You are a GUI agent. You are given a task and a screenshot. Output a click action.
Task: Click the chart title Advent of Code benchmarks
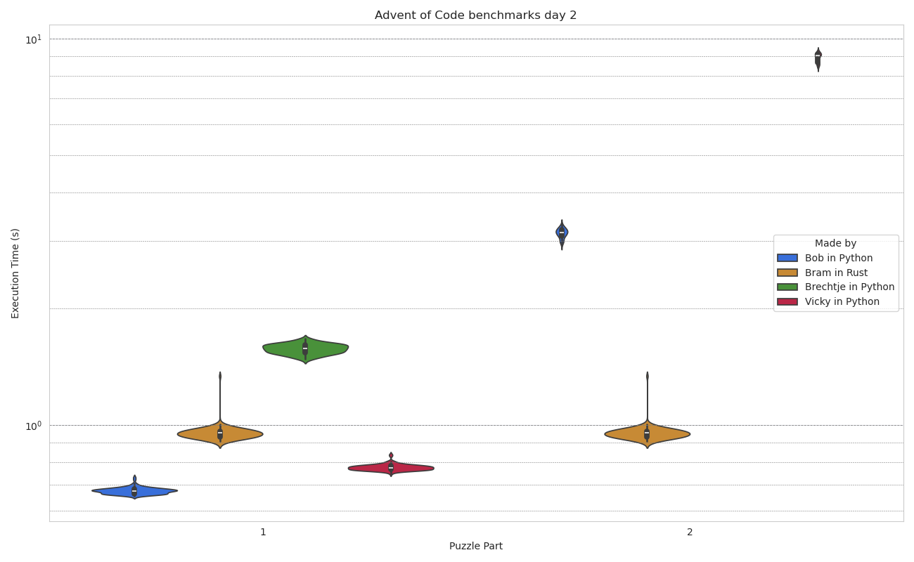click(475, 15)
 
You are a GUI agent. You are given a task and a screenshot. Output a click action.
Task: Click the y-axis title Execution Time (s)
click(15, 273)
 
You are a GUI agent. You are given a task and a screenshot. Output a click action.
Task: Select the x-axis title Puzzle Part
click(476, 546)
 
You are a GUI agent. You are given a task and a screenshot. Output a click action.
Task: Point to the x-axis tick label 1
click(263, 532)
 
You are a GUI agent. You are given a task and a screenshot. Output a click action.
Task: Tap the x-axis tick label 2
click(690, 532)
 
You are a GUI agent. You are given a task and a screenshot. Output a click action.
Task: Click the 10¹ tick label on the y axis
click(33, 40)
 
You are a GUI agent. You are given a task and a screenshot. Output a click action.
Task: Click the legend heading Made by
click(835, 243)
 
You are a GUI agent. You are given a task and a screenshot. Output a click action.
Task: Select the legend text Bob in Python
click(838, 258)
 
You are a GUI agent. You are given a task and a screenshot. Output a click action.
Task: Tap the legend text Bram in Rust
click(836, 273)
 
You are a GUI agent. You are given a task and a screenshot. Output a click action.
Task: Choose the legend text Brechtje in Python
click(849, 287)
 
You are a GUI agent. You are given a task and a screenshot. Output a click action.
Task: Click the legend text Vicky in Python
click(842, 301)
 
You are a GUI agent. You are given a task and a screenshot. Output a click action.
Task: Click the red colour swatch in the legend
click(787, 301)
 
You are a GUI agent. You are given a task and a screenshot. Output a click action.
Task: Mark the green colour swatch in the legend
click(787, 287)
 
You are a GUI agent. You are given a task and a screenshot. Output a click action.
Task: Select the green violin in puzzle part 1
click(305, 349)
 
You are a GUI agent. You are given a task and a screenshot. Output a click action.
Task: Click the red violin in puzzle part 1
click(391, 468)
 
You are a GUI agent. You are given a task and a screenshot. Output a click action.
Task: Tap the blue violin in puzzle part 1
click(134, 491)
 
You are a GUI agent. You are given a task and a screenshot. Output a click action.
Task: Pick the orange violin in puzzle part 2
click(647, 434)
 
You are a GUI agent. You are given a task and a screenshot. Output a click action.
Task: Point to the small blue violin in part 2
click(562, 233)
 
